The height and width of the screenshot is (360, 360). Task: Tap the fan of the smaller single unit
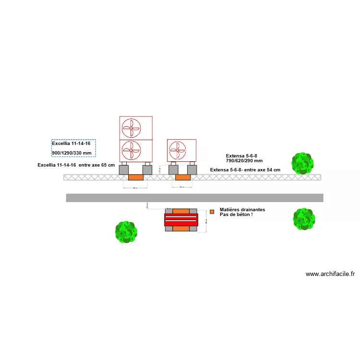(x=177, y=150)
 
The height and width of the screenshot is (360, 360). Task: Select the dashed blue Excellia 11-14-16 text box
(x=73, y=148)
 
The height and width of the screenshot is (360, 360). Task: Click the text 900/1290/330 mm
(x=72, y=153)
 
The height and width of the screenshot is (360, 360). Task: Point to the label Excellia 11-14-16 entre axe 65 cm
(x=76, y=165)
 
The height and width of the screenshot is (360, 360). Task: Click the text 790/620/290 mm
(x=244, y=161)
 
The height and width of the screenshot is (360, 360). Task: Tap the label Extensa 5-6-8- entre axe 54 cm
(x=245, y=170)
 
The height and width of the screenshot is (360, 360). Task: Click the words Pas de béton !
(x=236, y=215)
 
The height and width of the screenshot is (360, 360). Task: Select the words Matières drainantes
(x=242, y=209)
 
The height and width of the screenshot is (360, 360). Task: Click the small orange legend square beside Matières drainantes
(x=212, y=212)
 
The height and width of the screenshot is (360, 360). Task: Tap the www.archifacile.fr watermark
(x=330, y=274)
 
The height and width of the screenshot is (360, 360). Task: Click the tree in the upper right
(x=302, y=163)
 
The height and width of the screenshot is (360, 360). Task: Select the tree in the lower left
(x=126, y=232)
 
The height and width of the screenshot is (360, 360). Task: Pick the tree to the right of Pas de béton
(x=303, y=219)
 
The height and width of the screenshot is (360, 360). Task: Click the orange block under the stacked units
(x=135, y=177)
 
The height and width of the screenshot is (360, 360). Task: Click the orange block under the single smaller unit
(x=182, y=177)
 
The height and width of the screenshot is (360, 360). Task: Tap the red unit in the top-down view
(x=181, y=220)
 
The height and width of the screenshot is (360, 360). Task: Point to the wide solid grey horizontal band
(x=194, y=198)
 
